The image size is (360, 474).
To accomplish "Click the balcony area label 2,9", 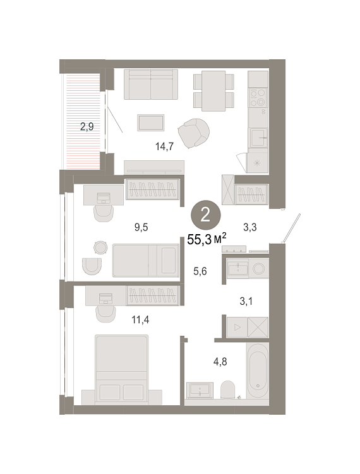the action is point(87,126).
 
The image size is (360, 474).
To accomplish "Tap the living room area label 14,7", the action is point(164,146).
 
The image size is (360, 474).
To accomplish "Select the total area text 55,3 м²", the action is point(207,239).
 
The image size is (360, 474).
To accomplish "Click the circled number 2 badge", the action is point(205,215).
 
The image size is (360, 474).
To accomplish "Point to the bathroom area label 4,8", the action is point(220,362).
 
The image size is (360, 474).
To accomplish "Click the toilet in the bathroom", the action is point(227,389).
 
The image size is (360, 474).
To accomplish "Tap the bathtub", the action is point(257,370).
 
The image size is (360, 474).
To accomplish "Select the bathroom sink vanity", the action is point(200,390).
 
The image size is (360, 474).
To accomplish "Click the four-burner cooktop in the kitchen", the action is point(258,97).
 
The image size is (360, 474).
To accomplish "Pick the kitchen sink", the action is point(258,138).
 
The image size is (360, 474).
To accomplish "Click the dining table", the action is point(213,91).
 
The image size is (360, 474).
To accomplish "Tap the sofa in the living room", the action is point(151,84).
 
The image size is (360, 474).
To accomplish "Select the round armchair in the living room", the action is point(194,133).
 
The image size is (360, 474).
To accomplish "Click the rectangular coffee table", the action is point(151,122).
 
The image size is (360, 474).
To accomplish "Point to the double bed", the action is point(122,369).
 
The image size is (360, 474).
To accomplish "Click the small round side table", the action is point(100,247).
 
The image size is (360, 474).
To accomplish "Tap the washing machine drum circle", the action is point(258,268).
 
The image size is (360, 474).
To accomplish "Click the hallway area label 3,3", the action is point(250,227).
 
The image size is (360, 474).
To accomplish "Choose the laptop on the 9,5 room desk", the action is point(104,198).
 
